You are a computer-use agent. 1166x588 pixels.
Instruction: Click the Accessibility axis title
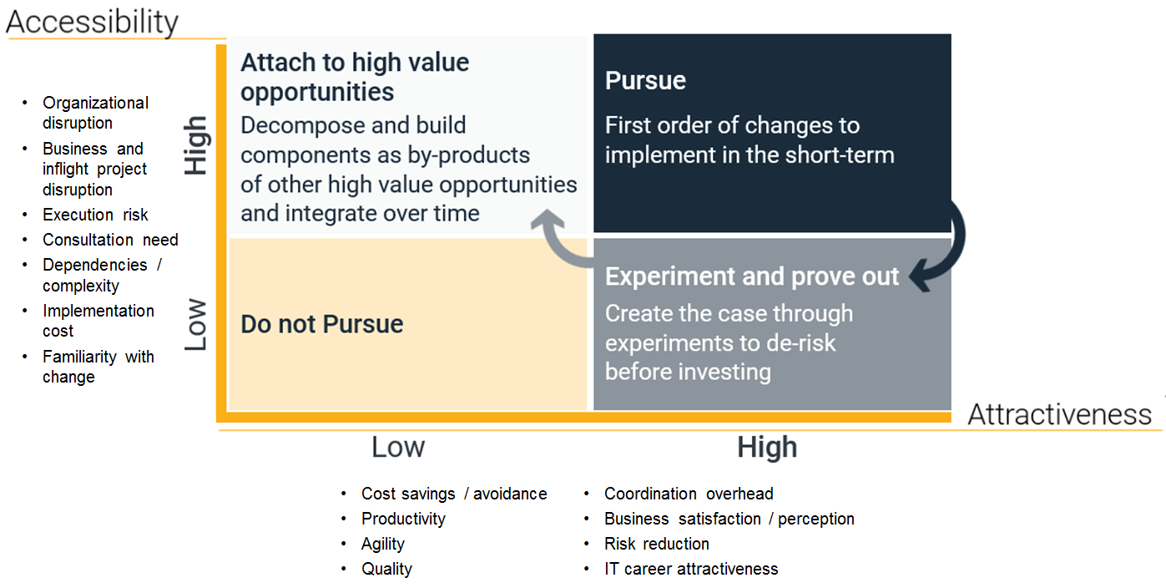(92, 22)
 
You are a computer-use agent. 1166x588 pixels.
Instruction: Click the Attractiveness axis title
(1059, 414)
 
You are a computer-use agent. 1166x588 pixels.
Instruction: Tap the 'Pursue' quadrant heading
(645, 81)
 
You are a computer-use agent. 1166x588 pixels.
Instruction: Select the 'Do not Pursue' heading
(321, 324)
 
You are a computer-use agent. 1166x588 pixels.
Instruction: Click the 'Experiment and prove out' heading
(752, 276)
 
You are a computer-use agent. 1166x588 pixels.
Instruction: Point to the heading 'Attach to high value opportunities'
(355, 77)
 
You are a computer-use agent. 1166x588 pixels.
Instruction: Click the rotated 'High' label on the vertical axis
(197, 145)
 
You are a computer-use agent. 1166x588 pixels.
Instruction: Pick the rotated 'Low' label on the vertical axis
(196, 324)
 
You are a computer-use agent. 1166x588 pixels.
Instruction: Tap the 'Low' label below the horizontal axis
(398, 447)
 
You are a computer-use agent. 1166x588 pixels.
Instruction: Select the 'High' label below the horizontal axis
(767, 447)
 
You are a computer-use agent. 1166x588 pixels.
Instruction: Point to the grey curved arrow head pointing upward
(548, 219)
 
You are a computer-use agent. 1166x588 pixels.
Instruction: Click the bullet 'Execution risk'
(95, 215)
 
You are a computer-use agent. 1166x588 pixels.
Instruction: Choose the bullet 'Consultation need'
(110, 240)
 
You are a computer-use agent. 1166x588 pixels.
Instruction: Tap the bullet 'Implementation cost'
(98, 321)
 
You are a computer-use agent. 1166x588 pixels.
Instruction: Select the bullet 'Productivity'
(403, 519)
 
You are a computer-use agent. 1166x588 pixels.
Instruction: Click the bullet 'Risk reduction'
(656, 544)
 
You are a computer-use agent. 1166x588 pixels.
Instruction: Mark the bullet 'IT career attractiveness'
(691, 569)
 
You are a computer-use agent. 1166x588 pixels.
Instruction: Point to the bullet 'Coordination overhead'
(689, 494)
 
